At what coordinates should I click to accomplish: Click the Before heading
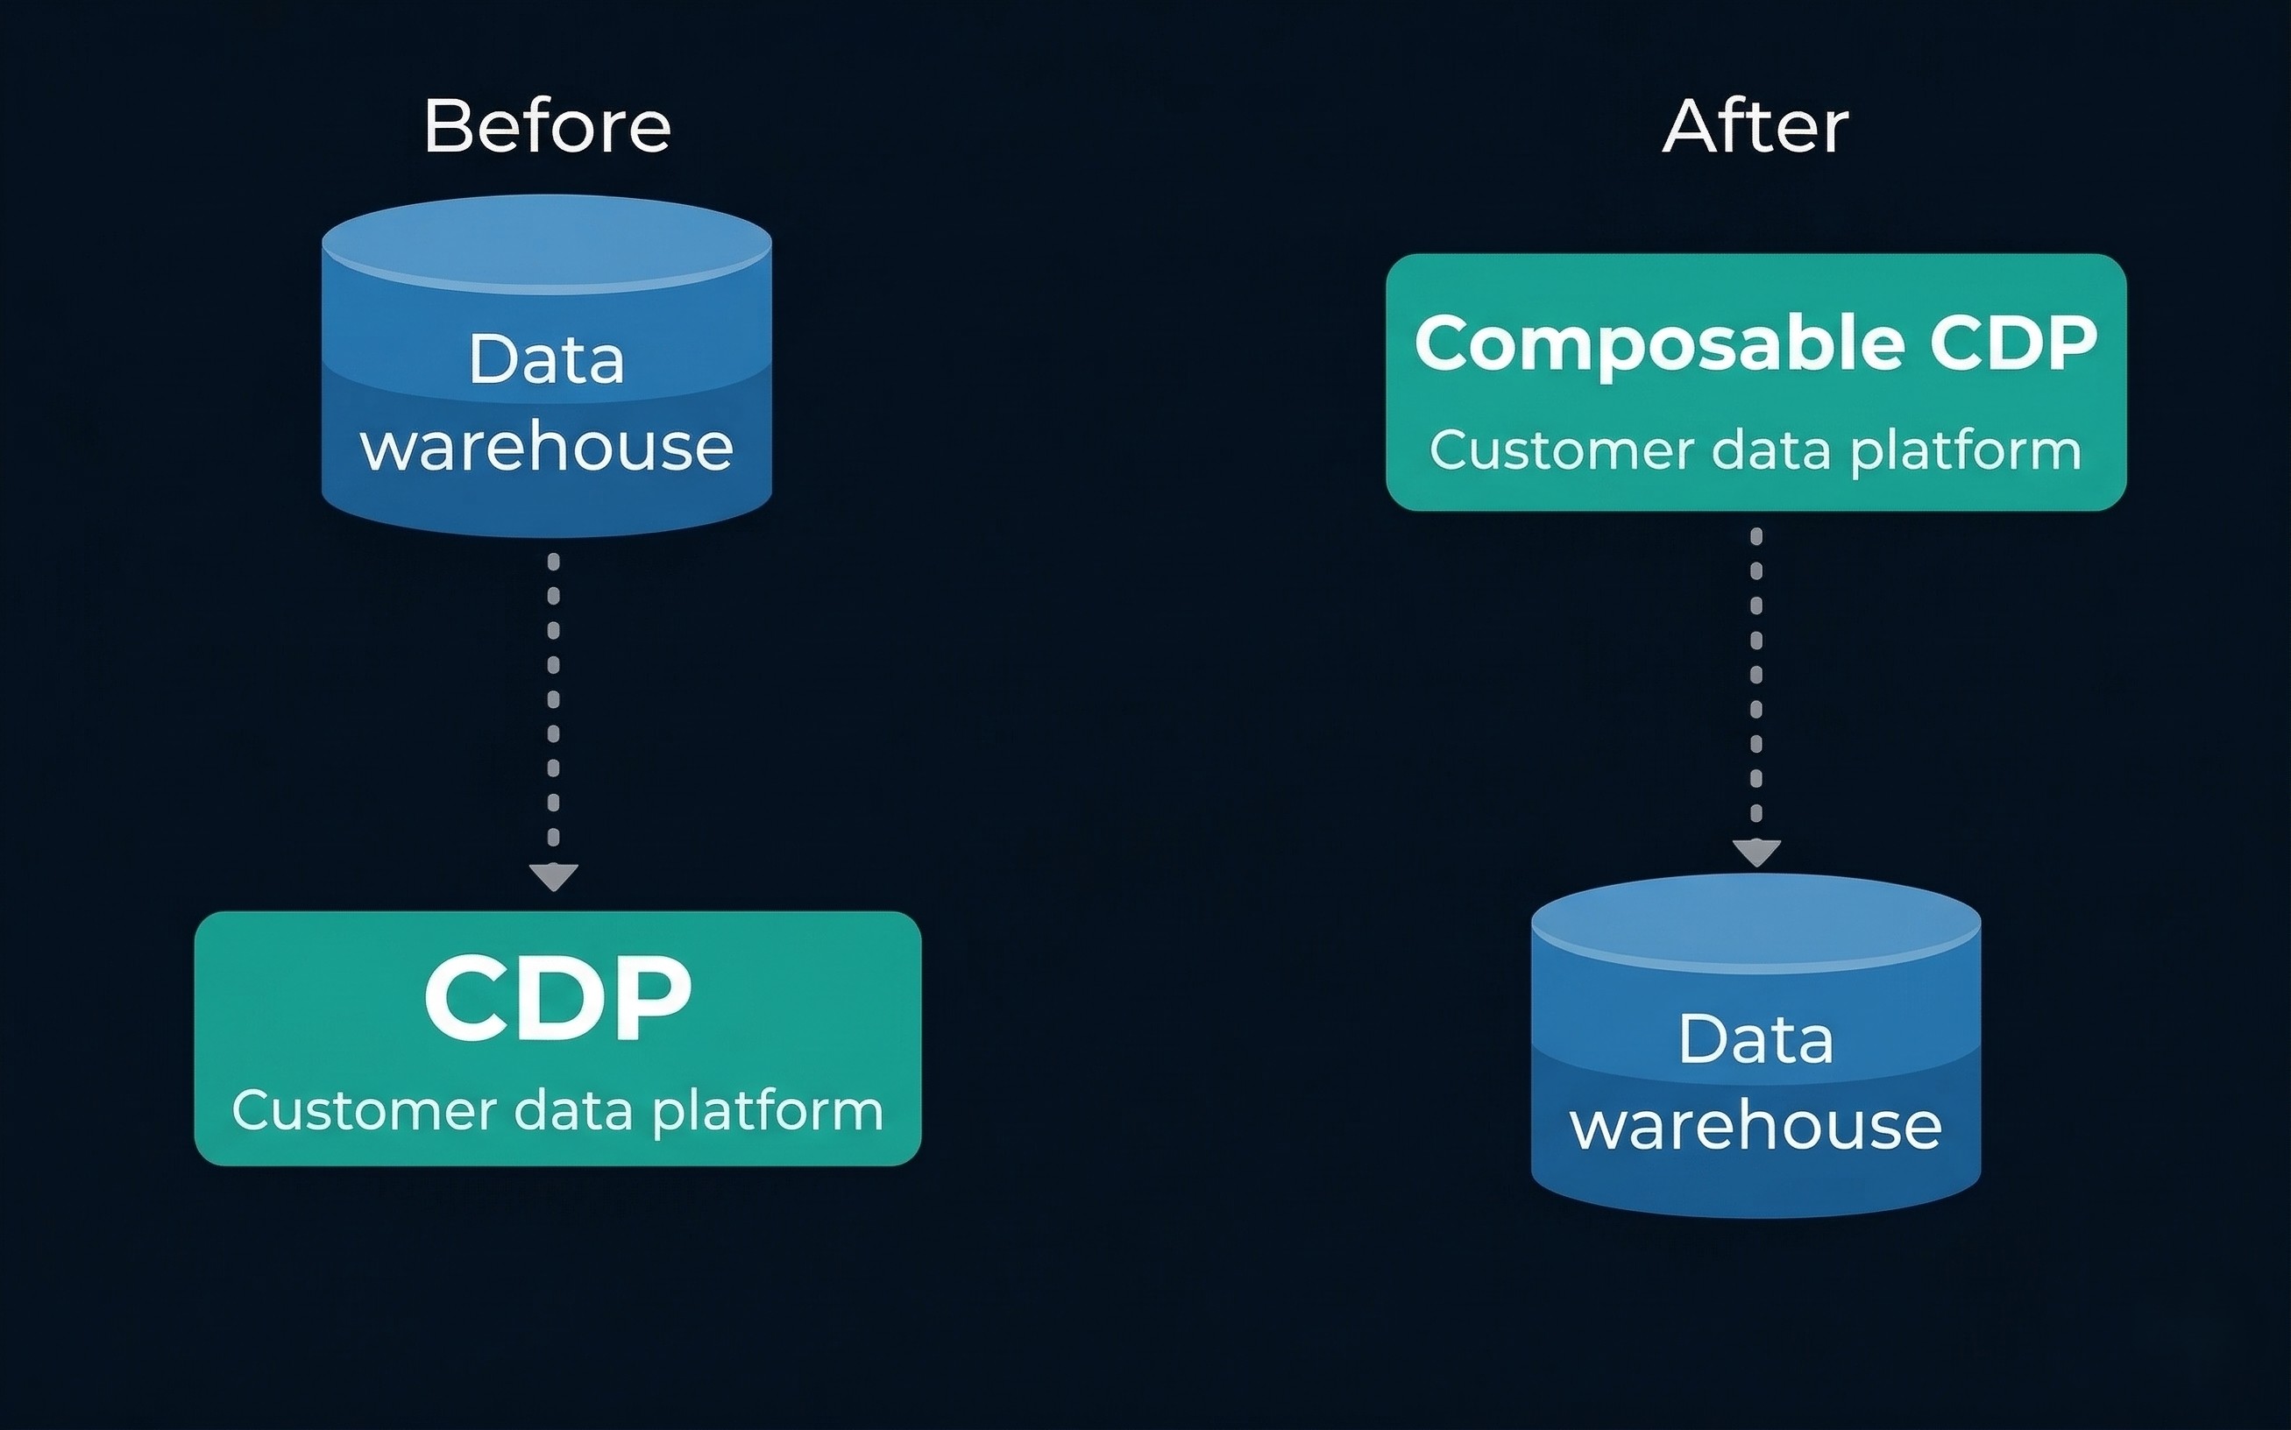click(547, 126)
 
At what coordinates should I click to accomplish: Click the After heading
click(1755, 126)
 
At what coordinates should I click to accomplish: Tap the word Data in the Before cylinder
click(547, 359)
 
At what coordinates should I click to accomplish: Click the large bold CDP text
click(557, 999)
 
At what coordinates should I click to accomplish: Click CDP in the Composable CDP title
click(2013, 343)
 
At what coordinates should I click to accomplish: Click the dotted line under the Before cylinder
click(553, 700)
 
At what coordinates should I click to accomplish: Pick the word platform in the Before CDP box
click(768, 1112)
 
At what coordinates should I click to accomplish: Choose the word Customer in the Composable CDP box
click(1562, 450)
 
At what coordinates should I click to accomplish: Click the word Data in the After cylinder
click(1755, 1039)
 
